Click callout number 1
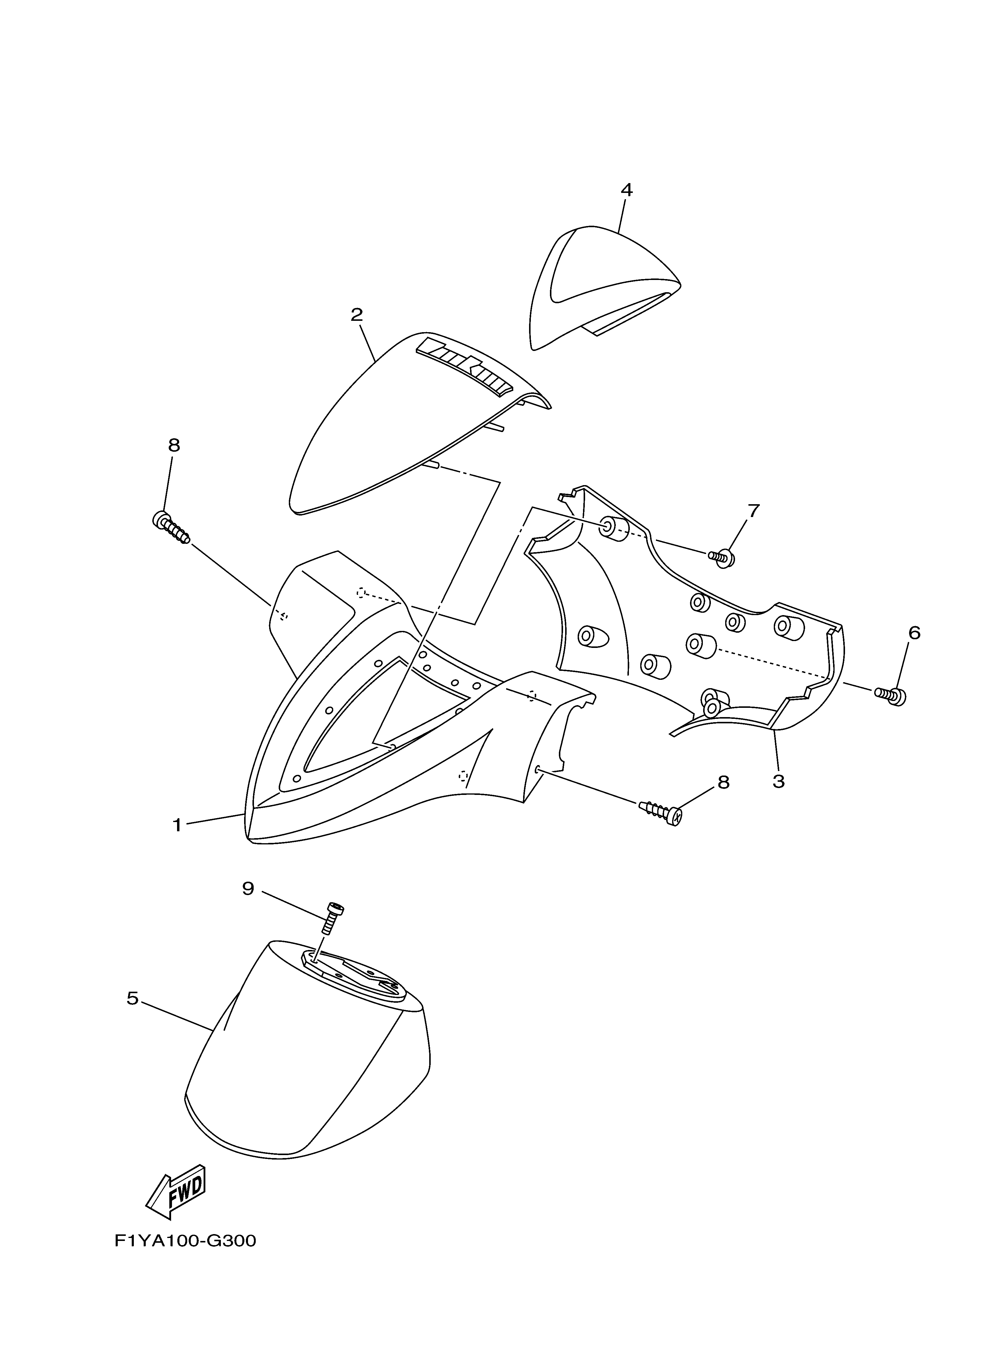(177, 825)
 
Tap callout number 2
(357, 315)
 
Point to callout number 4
(626, 190)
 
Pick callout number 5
(133, 998)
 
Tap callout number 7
(753, 511)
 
